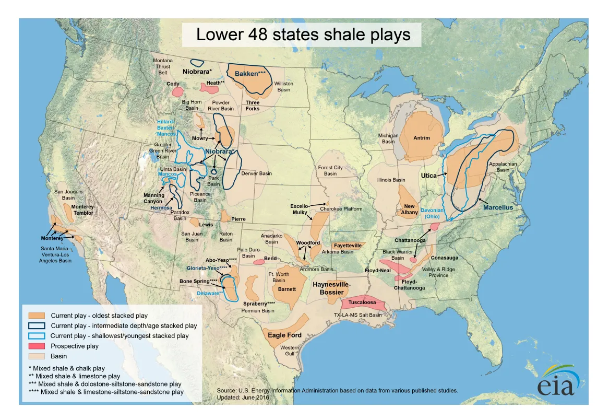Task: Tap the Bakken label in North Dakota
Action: (250, 74)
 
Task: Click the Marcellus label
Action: (498, 207)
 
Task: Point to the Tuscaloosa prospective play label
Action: (362, 302)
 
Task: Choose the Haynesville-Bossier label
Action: (331, 288)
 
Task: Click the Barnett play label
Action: (287, 289)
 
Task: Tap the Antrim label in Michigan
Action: (421, 138)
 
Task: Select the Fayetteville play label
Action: (348, 246)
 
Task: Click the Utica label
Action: (428, 176)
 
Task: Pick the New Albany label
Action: (410, 210)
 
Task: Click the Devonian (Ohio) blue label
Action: (432, 213)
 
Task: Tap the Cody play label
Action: (173, 84)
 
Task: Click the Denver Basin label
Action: (256, 173)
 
